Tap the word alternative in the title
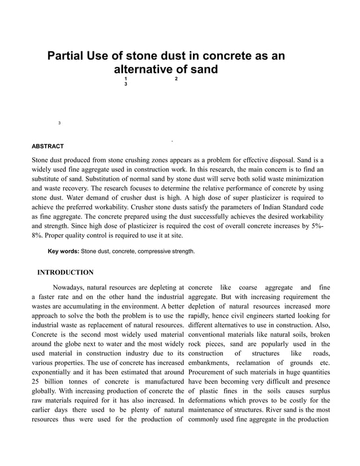[146, 70]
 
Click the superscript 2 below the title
[176, 78]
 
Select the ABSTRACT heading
[48, 147]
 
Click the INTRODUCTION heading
[65, 272]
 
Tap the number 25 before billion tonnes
[37, 383]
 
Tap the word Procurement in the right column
[209, 372]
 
